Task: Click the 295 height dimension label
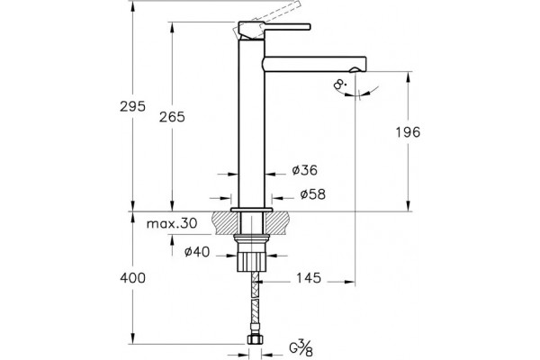132,106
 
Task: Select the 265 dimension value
172,117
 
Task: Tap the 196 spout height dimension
408,132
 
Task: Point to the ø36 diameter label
304,170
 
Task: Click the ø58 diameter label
312,194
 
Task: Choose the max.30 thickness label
172,223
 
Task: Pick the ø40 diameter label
196,252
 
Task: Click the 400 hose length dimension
132,278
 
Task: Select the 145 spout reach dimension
309,278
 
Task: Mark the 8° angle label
340,85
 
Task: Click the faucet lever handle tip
310,26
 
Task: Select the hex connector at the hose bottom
255,339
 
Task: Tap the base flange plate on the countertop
252,210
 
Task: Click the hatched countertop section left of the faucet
226,223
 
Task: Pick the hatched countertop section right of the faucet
277,223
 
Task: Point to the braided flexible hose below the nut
255,302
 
